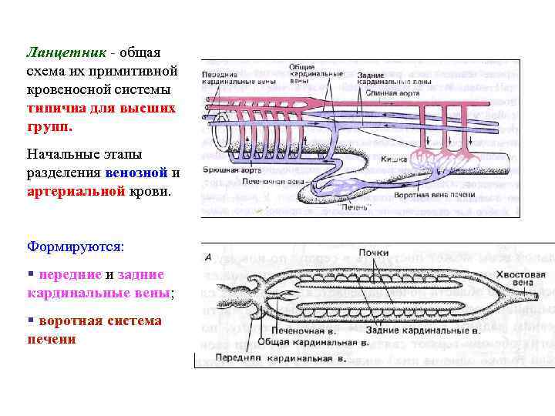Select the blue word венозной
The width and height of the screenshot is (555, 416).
point(136,173)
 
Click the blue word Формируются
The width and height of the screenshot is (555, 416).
point(75,246)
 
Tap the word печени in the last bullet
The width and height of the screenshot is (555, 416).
point(52,338)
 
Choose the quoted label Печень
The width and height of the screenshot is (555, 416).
point(356,206)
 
